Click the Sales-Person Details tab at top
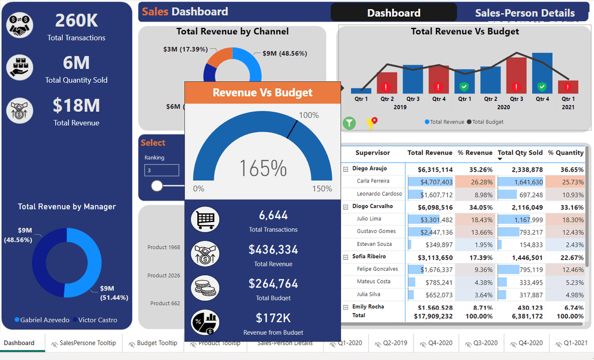point(524,13)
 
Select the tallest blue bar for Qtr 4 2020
point(542,73)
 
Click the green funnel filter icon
point(349,123)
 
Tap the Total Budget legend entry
point(487,122)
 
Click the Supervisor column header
point(372,153)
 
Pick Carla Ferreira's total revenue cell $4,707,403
point(430,182)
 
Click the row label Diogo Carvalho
point(372,206)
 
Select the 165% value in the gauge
point(263,169)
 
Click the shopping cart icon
point(205,220)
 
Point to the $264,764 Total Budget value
point(273,283)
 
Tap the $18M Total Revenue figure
point(77,106)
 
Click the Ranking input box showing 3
point(162,170)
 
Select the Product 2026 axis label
point(164,276)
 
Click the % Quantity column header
point(566,153)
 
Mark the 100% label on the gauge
point(309,115)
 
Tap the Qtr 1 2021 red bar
point(568,87)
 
